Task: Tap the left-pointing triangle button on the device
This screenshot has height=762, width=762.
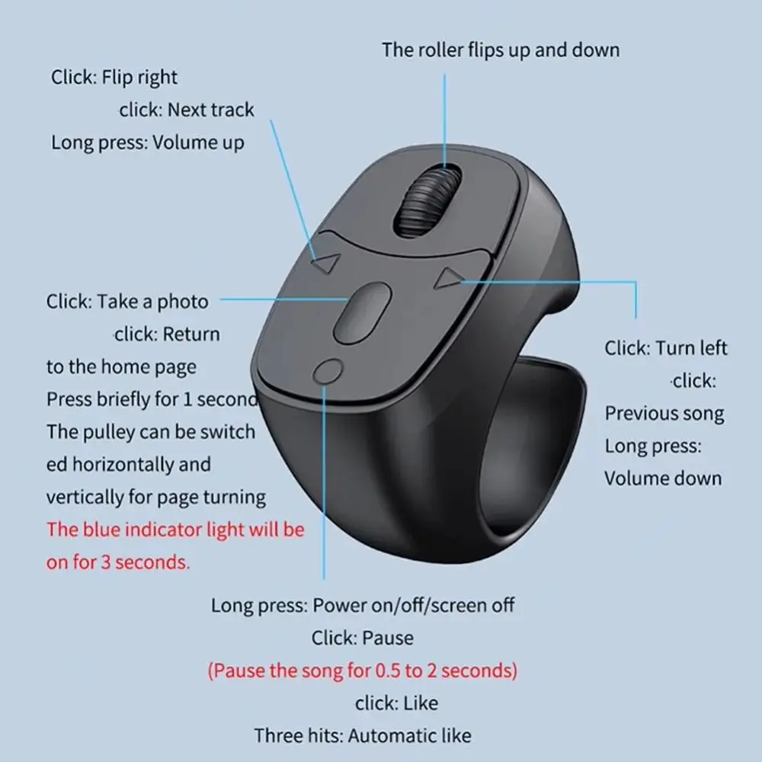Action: (326, 264)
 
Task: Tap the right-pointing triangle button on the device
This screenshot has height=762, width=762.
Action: (448, 279)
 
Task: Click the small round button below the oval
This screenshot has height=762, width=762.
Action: (328, 372)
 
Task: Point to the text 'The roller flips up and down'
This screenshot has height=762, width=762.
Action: (501, 50)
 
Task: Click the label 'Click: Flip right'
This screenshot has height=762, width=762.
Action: (114, 77)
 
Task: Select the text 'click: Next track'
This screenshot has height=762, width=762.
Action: (187, 110)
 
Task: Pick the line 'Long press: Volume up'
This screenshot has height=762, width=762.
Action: (148, 142)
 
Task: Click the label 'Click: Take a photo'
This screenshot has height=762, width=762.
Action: (127, 301)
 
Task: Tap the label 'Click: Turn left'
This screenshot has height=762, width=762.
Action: (666, 348)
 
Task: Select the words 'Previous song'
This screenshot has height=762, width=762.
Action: (664, 414)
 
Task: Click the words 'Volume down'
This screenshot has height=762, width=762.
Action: (663, 479)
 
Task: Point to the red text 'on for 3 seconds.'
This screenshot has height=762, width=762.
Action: (118, 562)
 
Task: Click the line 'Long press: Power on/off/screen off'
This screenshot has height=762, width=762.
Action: (363, 606)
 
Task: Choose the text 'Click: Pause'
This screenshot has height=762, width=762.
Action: (363, 638)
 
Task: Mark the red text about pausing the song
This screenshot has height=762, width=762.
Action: (363, 671)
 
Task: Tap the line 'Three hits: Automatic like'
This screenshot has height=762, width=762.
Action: (363, 735)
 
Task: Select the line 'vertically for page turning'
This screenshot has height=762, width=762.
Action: (156, 498)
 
